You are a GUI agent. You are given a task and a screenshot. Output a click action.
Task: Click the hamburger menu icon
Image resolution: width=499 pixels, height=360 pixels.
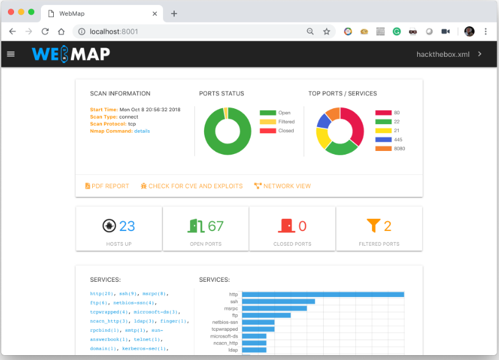pyautogui.click(x=10, y=54)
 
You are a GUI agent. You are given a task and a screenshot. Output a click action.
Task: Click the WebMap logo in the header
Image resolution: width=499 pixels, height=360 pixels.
pyautogui.click(x=71, y=54)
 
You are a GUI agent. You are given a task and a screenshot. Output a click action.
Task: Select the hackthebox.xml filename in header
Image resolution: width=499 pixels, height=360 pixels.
pyautogui.click(x=443, y=54)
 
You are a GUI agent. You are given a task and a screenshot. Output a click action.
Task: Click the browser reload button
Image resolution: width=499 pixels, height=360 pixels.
pyautogui.click(x=45, y=31)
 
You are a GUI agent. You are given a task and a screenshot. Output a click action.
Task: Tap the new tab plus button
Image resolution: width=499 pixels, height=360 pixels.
pyautogui.click(x=173, y=13)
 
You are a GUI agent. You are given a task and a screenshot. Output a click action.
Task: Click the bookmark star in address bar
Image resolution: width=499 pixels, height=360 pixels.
pyautogui.click(x=326, y=31)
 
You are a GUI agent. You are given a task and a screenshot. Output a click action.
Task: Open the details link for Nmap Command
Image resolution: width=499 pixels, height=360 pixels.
pyautogui.click(x=142, y=131)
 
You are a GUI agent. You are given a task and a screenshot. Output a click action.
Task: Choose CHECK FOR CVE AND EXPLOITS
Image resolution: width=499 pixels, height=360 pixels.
pyautogui.click(x=191, y=186)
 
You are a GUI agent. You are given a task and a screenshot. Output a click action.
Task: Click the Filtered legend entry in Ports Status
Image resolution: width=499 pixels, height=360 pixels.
pyautogui.click(x=285, y=122)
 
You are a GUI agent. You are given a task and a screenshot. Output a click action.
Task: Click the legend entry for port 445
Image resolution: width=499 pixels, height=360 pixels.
pyautogui.click(x=397, y=139)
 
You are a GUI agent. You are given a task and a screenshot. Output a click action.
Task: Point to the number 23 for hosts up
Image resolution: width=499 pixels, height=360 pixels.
pyautogui.click(x=127, y=226)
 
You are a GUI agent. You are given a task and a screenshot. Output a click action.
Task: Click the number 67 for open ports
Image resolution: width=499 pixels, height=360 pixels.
pyautogui.click(x=216, y=226)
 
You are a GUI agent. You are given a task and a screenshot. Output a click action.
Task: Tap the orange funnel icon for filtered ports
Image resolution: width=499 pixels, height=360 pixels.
pyautogui.click(x=373, y=226)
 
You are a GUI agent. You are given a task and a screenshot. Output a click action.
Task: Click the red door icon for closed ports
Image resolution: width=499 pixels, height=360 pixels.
pyautogui.click(x=286, y=226)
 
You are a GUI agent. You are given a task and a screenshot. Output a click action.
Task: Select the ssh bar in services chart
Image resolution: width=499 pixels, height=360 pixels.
pyautogui.click(x=278, y=301)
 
